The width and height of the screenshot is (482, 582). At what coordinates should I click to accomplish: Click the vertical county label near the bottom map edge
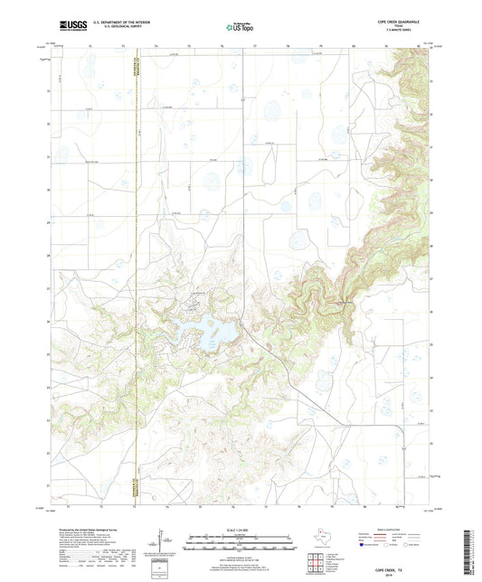[x=133, y=468]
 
